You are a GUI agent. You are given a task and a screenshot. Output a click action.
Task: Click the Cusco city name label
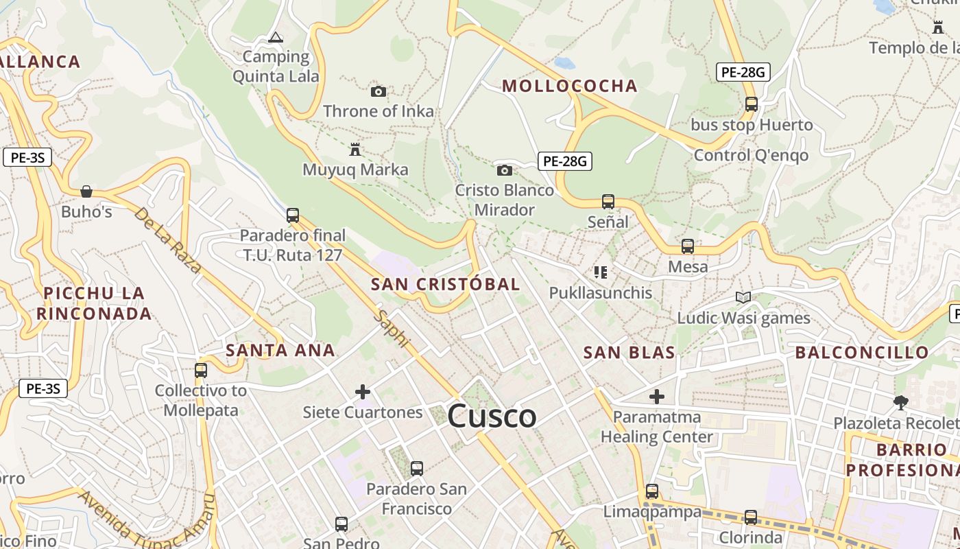[492, 417]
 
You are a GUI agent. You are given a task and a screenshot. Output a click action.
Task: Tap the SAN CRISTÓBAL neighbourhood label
[445, 284]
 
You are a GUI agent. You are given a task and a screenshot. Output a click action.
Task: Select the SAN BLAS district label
[629, 353]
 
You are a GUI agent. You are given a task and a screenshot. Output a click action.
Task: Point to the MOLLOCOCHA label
[570, 86]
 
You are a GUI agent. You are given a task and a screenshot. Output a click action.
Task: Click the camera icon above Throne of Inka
[379, 91]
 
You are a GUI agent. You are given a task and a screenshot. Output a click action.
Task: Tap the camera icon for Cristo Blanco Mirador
[505, 170]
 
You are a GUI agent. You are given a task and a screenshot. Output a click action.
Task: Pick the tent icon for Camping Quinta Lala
[276, 37]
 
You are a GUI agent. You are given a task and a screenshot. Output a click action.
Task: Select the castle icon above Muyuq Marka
[355, 149]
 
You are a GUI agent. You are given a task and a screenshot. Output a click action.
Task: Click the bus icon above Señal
[608, 202]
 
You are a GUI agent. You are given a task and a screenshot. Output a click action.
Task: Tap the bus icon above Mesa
[688, 246]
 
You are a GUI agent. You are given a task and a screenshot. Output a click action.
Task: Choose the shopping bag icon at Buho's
[86, 191]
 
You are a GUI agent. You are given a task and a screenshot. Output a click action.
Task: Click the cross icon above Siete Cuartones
[363, 392]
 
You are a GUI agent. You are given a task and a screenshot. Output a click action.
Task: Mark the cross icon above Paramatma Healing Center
[657, 396]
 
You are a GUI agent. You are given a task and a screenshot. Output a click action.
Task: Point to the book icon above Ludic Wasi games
[743, 297]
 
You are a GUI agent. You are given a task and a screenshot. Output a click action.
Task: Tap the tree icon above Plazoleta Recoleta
[901, 403]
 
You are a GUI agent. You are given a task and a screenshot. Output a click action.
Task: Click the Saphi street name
[393, 329]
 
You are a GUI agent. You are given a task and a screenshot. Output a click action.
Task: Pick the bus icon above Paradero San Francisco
[416, 469]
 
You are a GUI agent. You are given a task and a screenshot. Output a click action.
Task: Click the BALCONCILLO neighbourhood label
[862, 353]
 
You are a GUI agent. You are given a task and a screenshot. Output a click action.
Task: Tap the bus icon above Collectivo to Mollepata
[200, 371]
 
